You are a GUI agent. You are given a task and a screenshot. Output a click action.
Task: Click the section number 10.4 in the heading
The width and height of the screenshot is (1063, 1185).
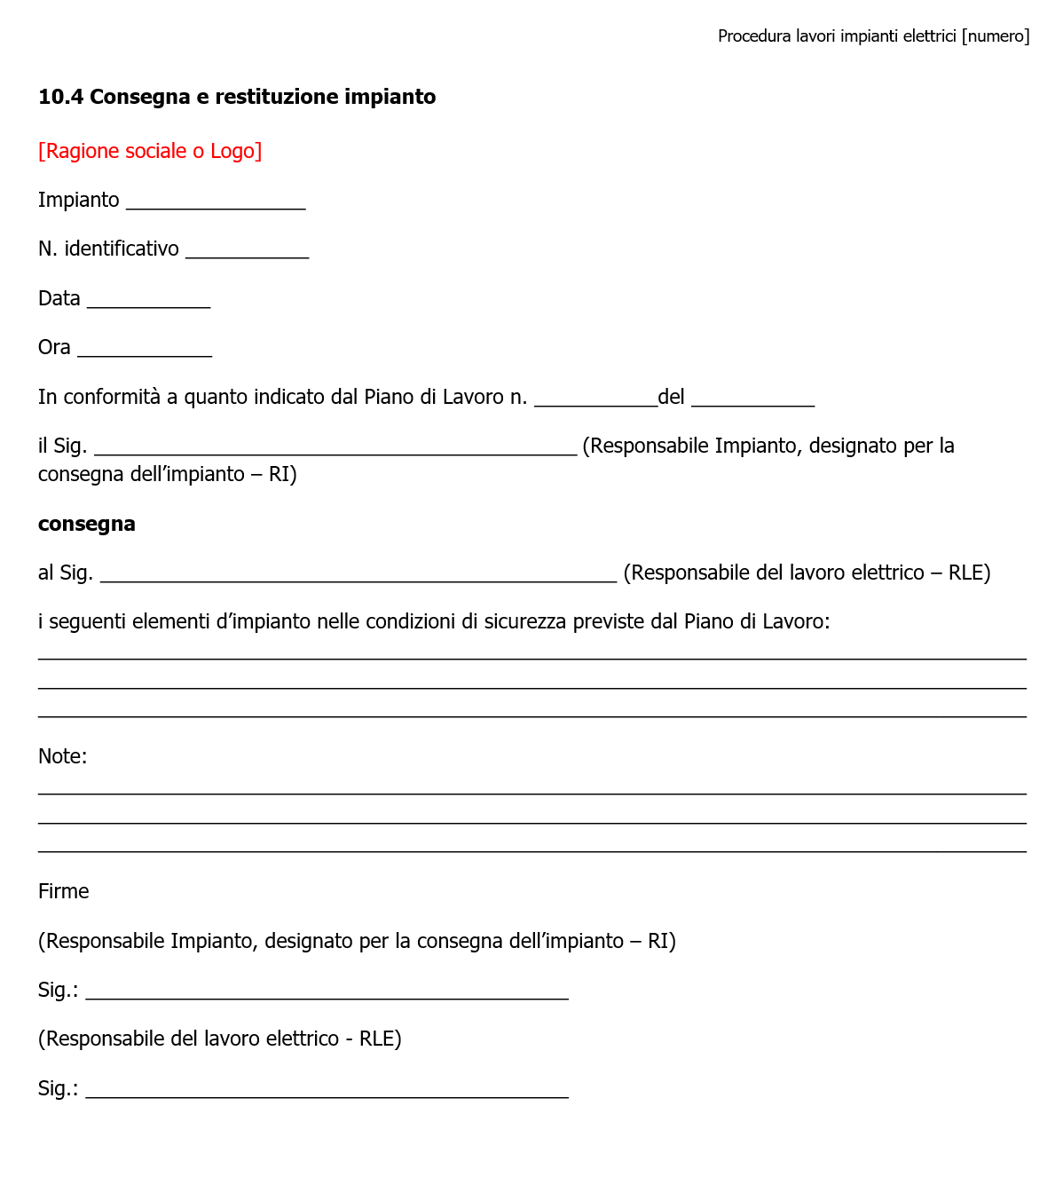60,97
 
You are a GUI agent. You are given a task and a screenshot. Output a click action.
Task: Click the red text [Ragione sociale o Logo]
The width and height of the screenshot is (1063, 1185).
150,151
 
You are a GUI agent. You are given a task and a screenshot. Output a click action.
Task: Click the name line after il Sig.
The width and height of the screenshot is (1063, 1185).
335,450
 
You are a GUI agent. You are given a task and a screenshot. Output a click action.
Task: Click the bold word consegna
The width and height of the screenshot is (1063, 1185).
87,524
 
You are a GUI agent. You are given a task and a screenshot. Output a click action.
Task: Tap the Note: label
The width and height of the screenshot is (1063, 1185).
62,756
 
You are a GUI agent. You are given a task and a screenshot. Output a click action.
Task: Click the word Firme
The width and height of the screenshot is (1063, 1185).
64,891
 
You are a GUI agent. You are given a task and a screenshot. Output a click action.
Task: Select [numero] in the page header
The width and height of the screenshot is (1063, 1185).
996,36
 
